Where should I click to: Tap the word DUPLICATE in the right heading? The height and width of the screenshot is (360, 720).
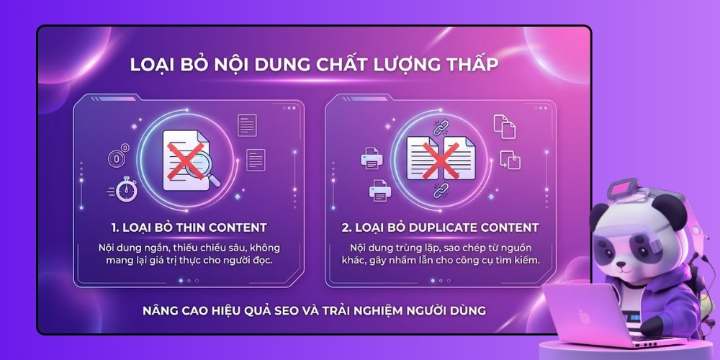[438, 228]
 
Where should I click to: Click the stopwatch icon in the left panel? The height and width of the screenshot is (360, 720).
[127, 190]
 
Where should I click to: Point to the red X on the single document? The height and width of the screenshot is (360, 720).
[184, 160]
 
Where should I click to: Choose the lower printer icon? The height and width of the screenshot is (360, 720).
[379, 190]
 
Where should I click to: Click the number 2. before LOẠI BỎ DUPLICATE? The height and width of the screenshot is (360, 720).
[346, 228]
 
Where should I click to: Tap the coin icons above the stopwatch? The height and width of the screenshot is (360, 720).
[117, 156]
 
